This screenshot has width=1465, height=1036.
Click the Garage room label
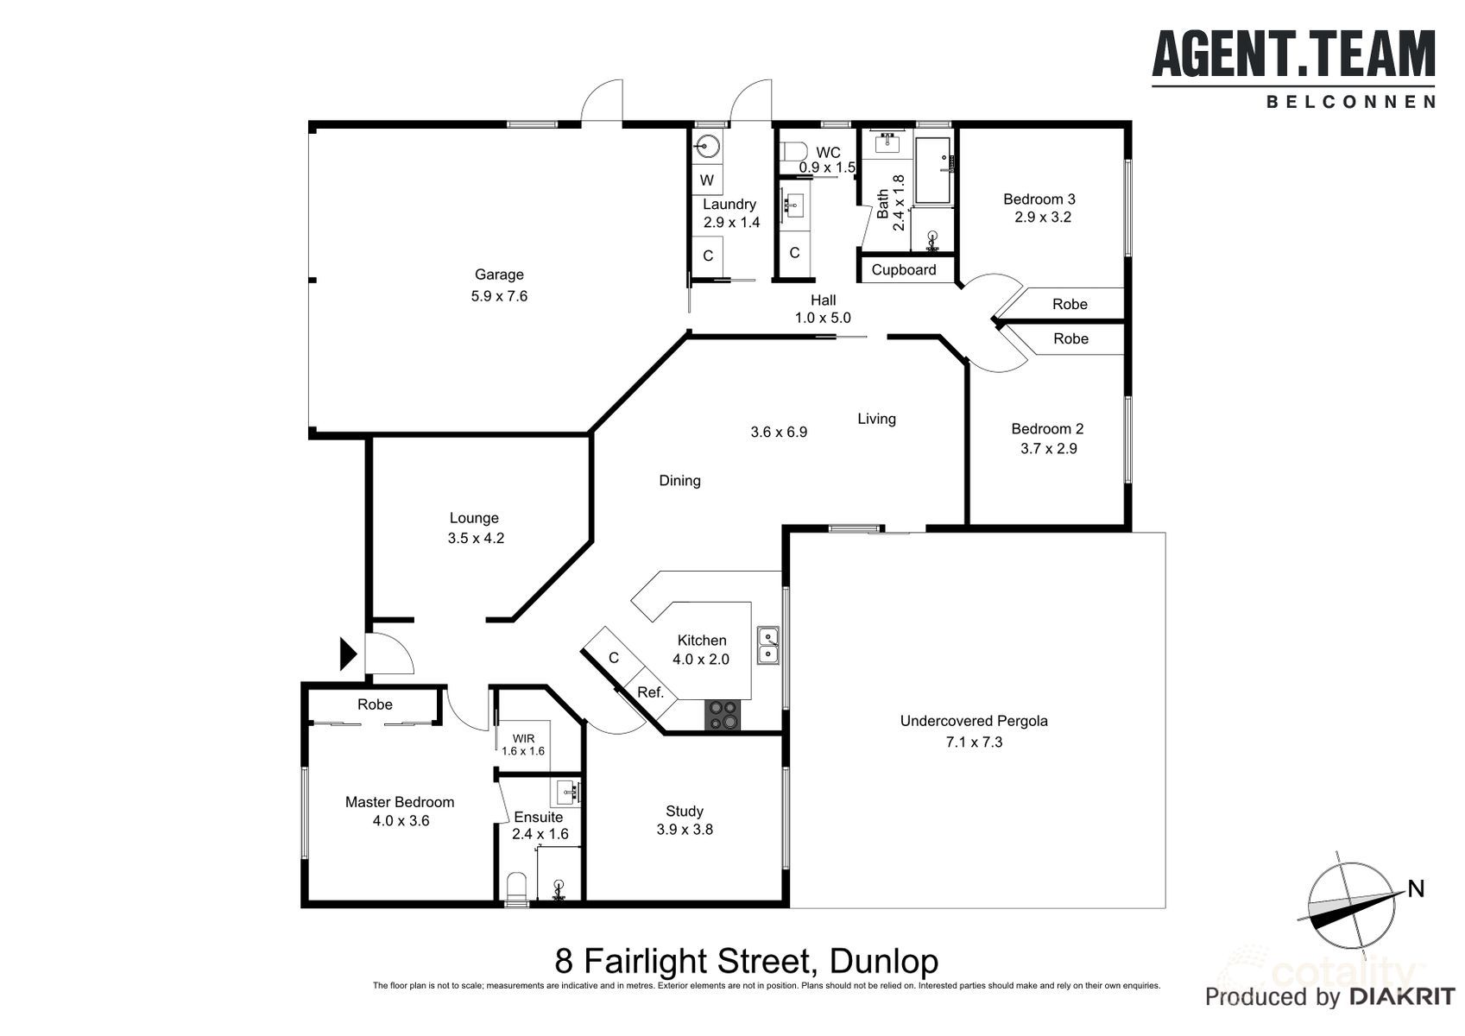click(499, 275)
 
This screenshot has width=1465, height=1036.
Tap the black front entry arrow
click(347, 654)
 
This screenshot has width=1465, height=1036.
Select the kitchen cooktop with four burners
click(723, 715)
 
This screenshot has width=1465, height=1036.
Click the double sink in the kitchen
click(768, 646)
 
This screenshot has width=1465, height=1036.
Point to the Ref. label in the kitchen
click(650, 692)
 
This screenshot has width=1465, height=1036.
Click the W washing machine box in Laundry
click(707, 180)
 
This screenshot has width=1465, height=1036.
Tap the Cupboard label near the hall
click(903, 269)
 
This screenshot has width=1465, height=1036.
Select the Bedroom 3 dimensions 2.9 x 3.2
click(1042, 218)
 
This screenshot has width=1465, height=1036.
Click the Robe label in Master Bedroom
click(375, 704)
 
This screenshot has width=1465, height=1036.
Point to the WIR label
click(523, 738)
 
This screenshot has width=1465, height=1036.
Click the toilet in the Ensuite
click(516, 888)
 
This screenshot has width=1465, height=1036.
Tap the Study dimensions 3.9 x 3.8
click(685, 830)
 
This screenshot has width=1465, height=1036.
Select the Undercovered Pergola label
click(973, 721)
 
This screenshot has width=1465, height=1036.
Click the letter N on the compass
click(1415, 888)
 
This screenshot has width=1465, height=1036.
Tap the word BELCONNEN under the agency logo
click(1350, 102)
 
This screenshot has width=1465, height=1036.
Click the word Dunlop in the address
click(882, 960)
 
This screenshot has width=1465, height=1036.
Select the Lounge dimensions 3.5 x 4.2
click(476, 538)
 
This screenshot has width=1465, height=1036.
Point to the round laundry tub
click(708, 147)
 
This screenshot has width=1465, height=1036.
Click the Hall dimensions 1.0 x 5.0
click(823, 318)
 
